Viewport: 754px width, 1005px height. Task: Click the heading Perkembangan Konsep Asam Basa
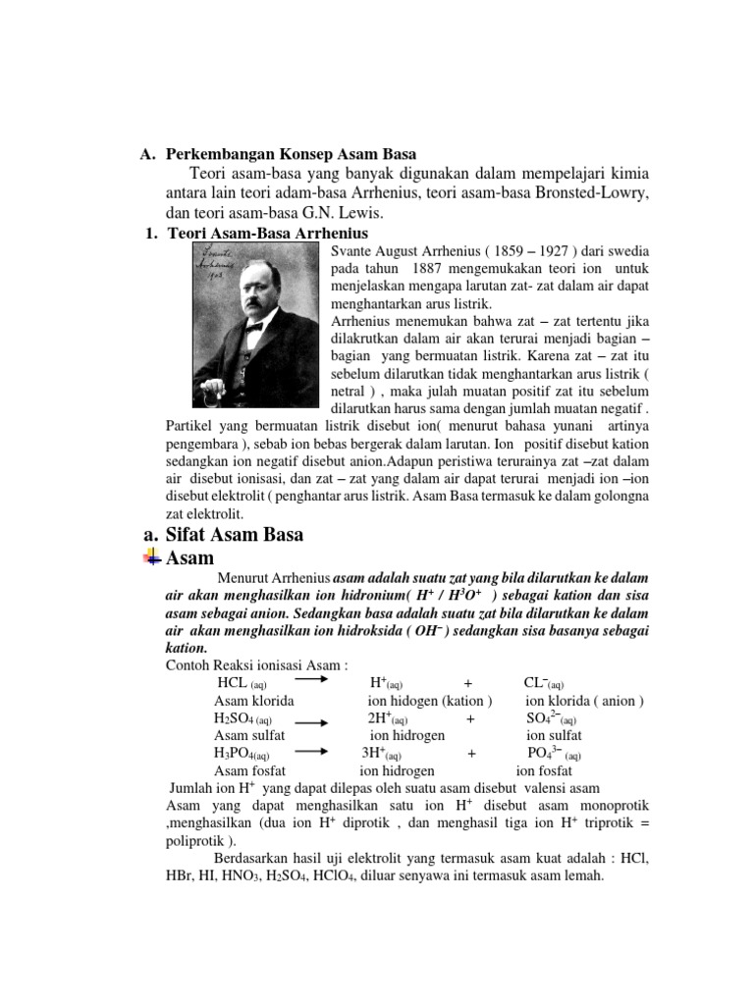pyautogui.click(x=292, y=154)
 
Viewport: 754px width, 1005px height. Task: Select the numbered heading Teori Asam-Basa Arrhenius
pyautogui.click(x=267, y=233)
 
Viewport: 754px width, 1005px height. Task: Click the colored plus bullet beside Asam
pyautogui.click(x=151, y=558)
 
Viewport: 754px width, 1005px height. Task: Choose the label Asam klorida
pyautogui.click(x=254, y=701)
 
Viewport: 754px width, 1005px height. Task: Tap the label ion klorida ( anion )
pyautogui.click(x=584, y=701)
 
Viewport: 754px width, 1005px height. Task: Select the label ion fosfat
pyautogui.click(x=544, y=771)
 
